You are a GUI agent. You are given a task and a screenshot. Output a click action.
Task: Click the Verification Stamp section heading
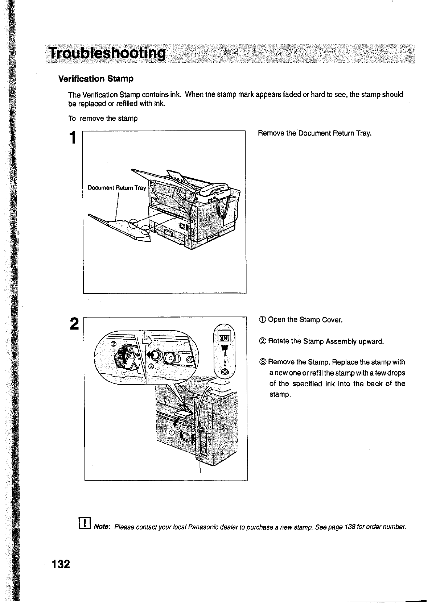coord(96,79)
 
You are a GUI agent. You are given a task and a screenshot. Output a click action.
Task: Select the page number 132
coord(60,564)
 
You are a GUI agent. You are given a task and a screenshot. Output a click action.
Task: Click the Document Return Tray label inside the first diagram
coord(117,188)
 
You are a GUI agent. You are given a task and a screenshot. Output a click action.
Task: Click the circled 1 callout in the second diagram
coord(172,433)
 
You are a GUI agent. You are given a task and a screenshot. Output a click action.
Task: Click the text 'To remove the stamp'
coord(103,119)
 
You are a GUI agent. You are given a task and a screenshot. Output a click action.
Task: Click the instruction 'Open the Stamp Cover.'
coord(305,320)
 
